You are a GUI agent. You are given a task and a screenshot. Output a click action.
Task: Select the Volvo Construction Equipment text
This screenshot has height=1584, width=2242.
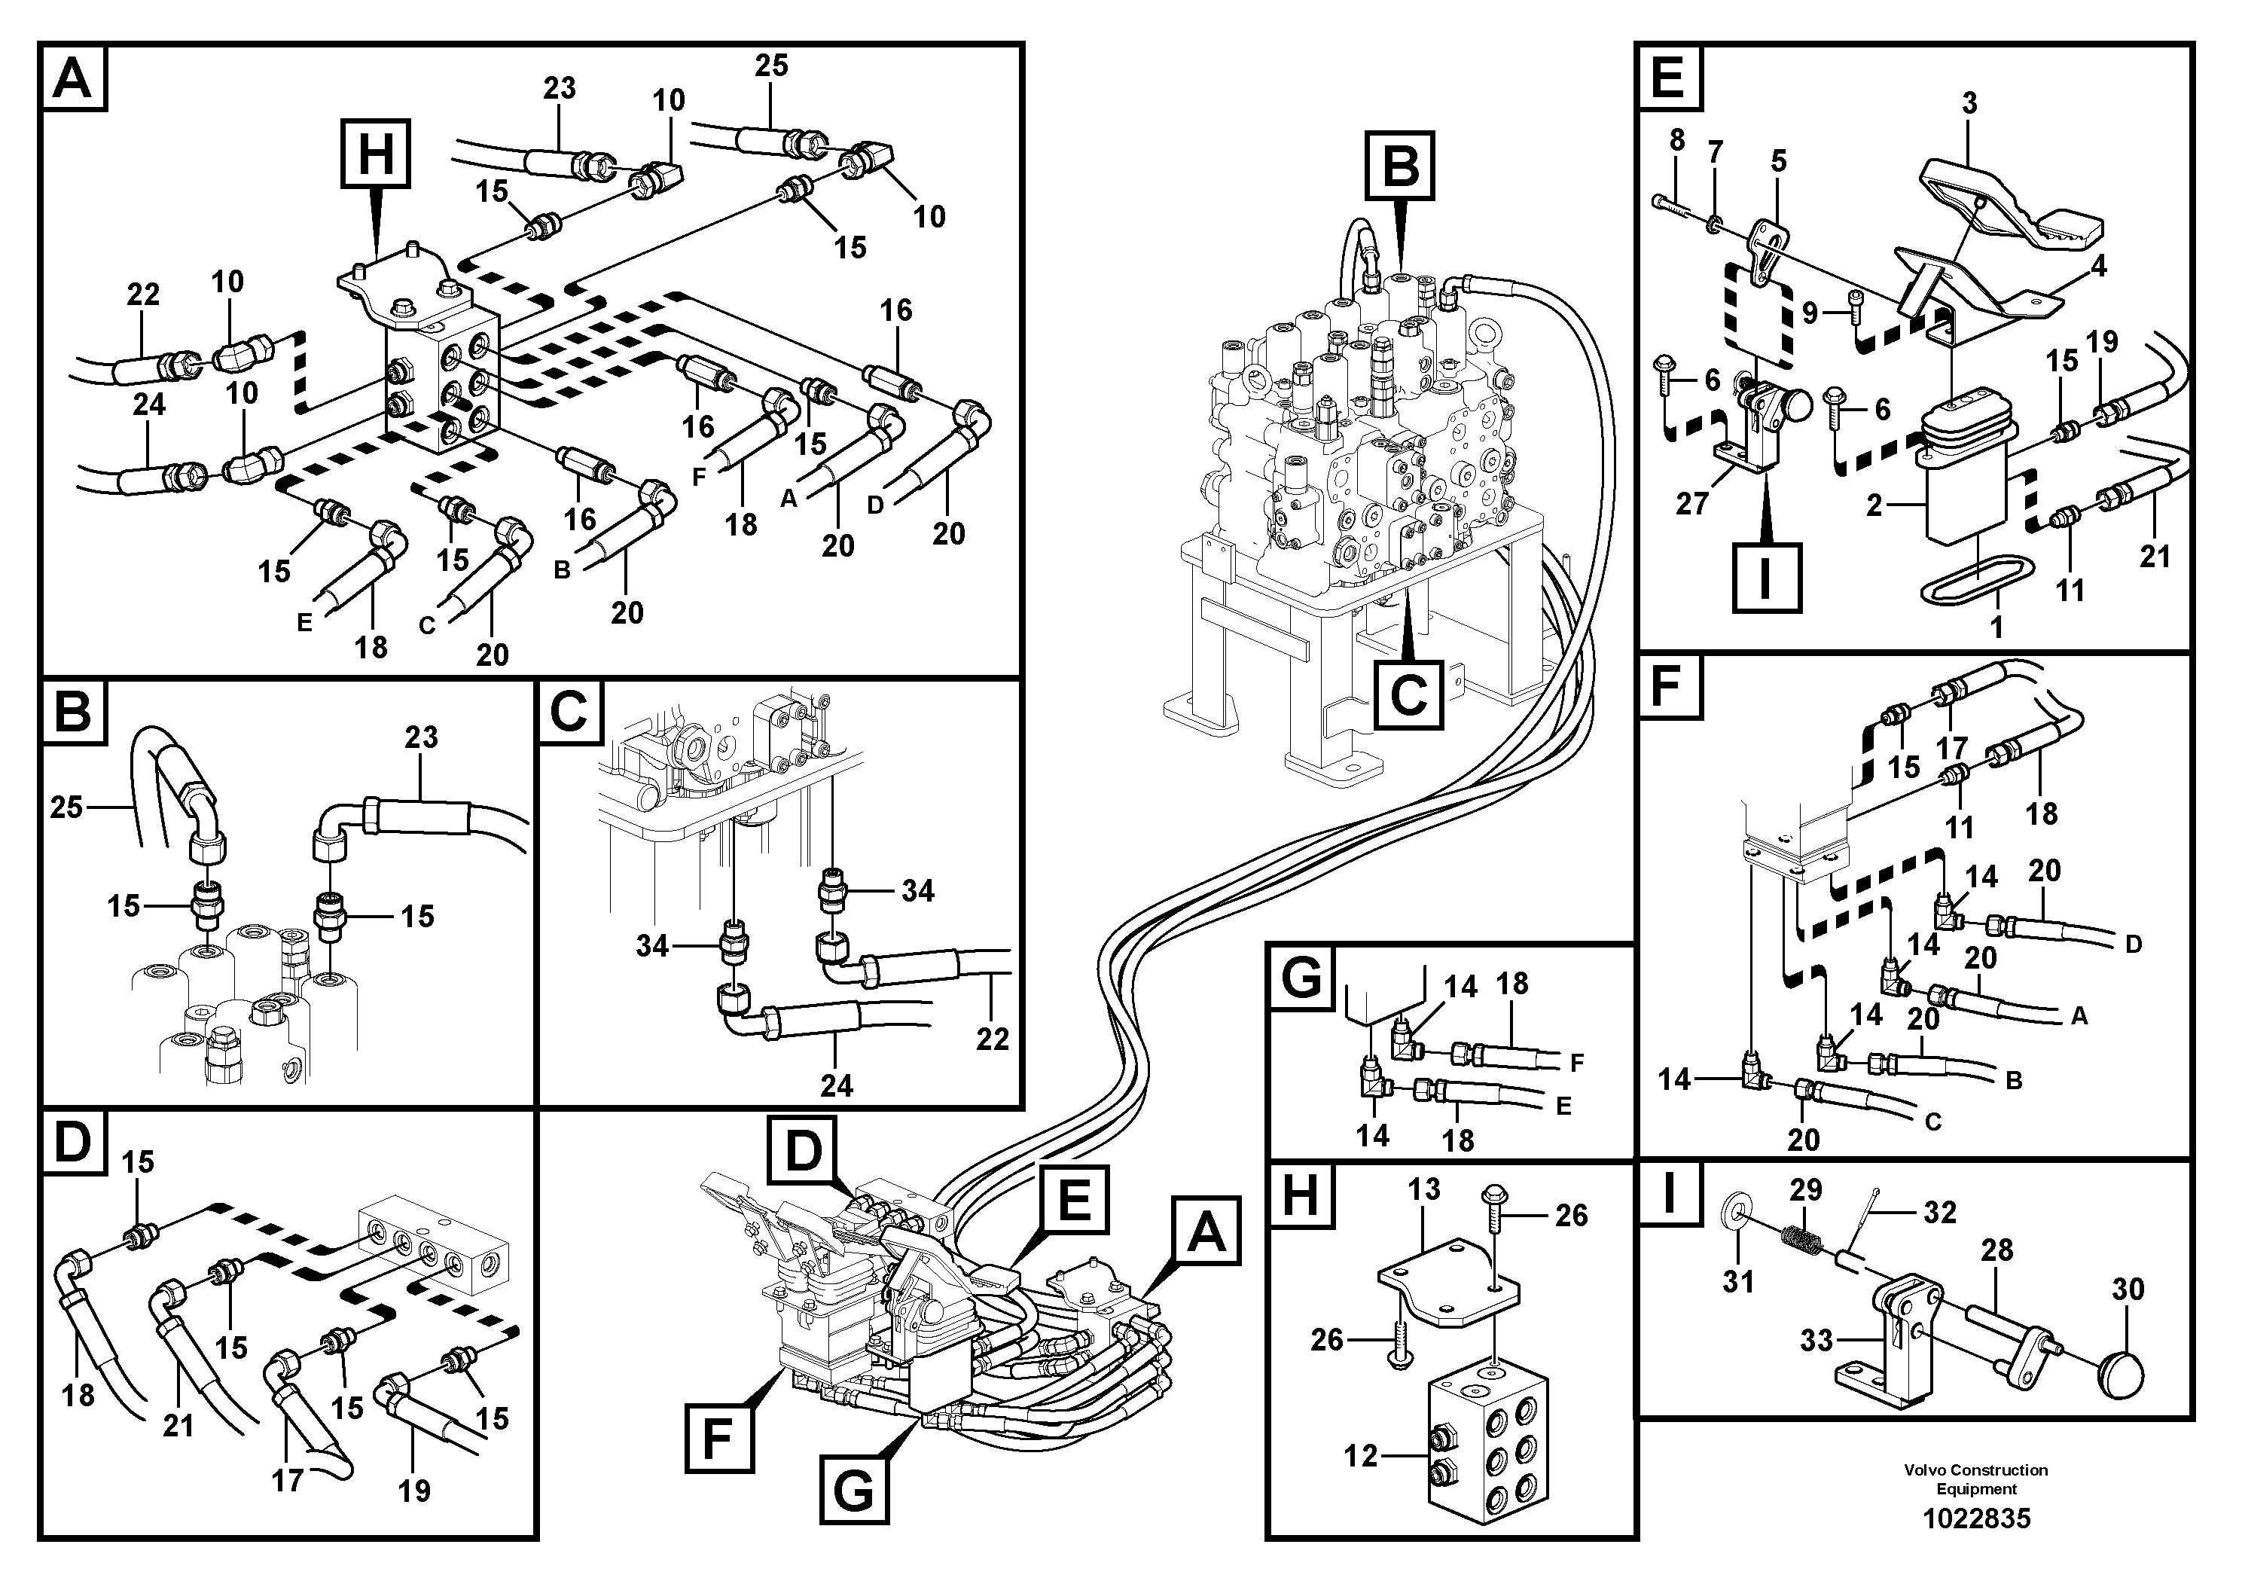(1975, 1479)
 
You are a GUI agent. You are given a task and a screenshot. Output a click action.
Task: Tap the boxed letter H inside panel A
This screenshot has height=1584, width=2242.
(375, 154)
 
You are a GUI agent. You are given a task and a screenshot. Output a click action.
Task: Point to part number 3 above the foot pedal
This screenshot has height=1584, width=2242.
(1969, 102)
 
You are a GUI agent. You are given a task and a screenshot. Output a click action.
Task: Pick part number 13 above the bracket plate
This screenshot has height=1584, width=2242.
(1423, 1189)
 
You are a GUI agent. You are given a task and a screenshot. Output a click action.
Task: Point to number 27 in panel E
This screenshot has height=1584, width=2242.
(1692, 504)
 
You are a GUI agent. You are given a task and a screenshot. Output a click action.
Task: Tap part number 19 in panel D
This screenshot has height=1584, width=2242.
(414, 1491)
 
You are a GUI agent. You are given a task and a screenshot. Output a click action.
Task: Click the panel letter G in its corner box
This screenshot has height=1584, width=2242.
(1301, 978)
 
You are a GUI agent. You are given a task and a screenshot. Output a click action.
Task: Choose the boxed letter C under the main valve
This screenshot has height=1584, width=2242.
(1407, 695)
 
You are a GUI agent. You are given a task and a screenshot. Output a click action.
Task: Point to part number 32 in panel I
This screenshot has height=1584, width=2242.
(1939, 1212)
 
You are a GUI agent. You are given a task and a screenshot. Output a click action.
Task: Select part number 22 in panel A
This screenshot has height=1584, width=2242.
(142, 294)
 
